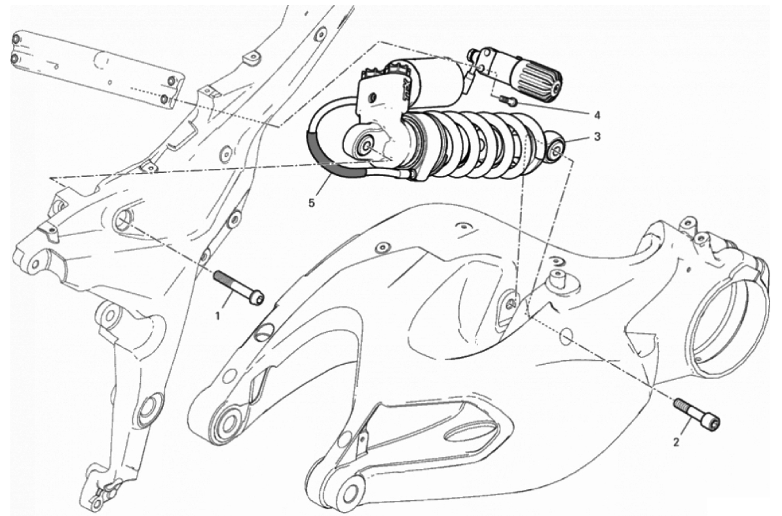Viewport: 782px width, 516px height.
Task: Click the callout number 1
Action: click(217, 315)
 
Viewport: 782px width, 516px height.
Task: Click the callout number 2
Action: click(676, 442)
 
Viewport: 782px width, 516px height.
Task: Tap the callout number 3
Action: click(597, 136)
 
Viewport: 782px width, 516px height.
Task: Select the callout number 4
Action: click(597, 115)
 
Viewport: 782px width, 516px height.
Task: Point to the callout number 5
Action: click(311, 204)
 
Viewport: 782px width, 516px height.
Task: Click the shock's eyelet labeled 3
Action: click(555, 145)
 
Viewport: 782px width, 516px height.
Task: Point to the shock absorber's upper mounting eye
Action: click(365, 145)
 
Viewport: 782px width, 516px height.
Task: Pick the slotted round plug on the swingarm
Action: click(265, 331)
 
